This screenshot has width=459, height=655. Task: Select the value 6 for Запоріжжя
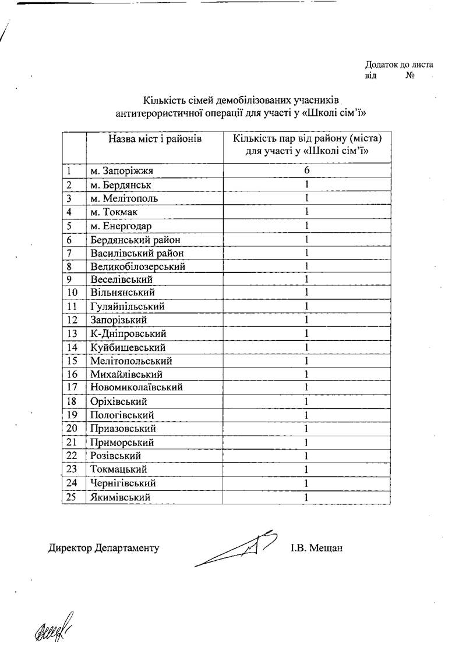(x=306, y=170)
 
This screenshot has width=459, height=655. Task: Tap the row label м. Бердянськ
(x=121, y=185)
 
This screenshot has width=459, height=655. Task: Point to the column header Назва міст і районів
(x=154, y=140)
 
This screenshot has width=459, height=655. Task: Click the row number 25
(x=73, y=497)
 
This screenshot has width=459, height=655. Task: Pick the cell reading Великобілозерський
(x=138, y=266)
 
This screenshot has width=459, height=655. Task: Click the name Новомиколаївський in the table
(x=137, y=387)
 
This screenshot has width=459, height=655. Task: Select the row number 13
(x=73, y=334)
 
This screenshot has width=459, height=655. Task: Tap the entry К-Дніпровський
(x=129, y=334)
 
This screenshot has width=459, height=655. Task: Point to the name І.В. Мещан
(x=316, y=548)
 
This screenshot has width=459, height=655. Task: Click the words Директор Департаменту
(x=103, y=548)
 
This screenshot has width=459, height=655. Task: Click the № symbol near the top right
(x=410, y=76)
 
